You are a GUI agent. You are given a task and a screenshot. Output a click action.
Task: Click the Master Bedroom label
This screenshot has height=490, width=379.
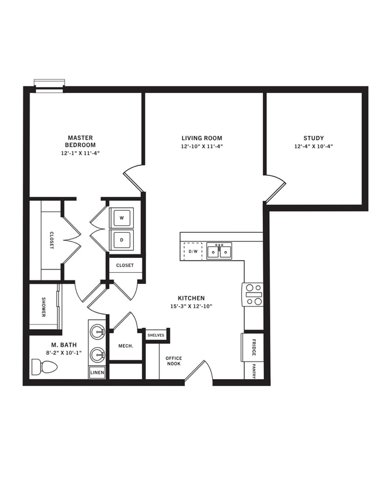[80, 141]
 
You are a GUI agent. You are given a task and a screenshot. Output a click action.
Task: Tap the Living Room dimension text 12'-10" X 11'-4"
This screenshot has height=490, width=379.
[202, 147]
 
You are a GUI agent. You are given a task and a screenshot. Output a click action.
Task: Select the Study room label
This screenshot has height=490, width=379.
[313, 138]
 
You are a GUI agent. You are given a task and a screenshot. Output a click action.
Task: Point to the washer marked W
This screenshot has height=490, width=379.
[121, 218]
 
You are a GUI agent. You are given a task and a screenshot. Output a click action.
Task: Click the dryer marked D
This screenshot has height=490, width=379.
[121, 239]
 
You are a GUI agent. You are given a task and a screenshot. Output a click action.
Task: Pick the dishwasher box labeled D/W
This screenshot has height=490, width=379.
[193, 251]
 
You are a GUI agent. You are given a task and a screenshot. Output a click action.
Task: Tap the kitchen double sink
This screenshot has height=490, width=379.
[219, 251]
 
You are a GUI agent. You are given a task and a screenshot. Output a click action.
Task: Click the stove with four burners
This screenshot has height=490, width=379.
[253, 294]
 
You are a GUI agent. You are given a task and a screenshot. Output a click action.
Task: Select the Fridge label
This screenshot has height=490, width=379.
[253, 347]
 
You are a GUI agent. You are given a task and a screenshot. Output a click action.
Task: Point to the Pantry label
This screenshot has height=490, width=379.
[254, 371]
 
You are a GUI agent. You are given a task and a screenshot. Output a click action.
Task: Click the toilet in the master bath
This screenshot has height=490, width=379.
[44, 367]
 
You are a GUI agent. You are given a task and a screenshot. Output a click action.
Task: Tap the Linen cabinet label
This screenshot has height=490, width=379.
[97, 373]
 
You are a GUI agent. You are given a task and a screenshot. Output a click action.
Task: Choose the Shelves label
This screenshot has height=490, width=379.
[156, 335]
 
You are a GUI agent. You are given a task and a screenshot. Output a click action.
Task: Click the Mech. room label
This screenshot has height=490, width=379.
[126, 346]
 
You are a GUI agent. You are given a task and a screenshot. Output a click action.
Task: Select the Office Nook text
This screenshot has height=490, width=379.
[173, 361]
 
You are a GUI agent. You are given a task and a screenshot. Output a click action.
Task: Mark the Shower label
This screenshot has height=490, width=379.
[44, 308]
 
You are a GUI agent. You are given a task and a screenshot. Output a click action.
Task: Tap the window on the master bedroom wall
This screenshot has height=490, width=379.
[48, 85]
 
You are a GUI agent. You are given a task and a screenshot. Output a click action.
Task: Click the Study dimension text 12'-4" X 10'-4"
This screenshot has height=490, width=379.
[313, 147]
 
